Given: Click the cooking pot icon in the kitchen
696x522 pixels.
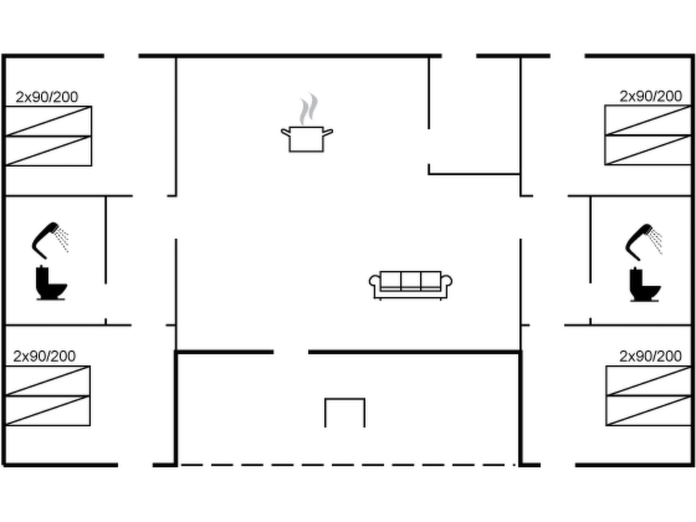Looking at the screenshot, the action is pyautogui.click(x=307, y=139).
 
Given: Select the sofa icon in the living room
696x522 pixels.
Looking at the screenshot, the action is pyautogui.click(x=411, y=285).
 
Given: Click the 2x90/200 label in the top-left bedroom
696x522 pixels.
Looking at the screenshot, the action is pyautogui.click(x=47, y=97).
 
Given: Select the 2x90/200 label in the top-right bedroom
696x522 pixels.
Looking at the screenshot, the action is pyautogui.click(x=651, y=97).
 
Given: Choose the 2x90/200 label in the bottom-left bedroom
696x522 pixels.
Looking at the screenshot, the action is pyautogui.click(x=44, y=356).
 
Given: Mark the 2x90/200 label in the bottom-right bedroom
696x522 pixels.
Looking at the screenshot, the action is pyautogui.click(x=650, y=356).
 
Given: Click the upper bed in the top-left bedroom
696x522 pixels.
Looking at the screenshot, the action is pyautogui.click(x=49, y=121).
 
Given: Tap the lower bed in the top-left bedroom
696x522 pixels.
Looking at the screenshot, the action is pyautogui.click(x=49, y=151).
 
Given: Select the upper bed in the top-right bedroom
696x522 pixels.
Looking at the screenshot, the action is pyautogui.click(x=648, y=120).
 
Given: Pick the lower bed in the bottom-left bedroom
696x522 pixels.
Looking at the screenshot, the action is pyautogui.click(x=48, y=411).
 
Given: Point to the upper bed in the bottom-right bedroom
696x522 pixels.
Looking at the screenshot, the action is pyautogui.click(x=648, y=381).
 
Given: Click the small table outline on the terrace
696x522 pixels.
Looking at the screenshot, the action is pyautogui.click(x=345, y=399).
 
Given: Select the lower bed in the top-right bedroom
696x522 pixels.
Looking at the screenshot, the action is pyautogui.click(x=648, y=150).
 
